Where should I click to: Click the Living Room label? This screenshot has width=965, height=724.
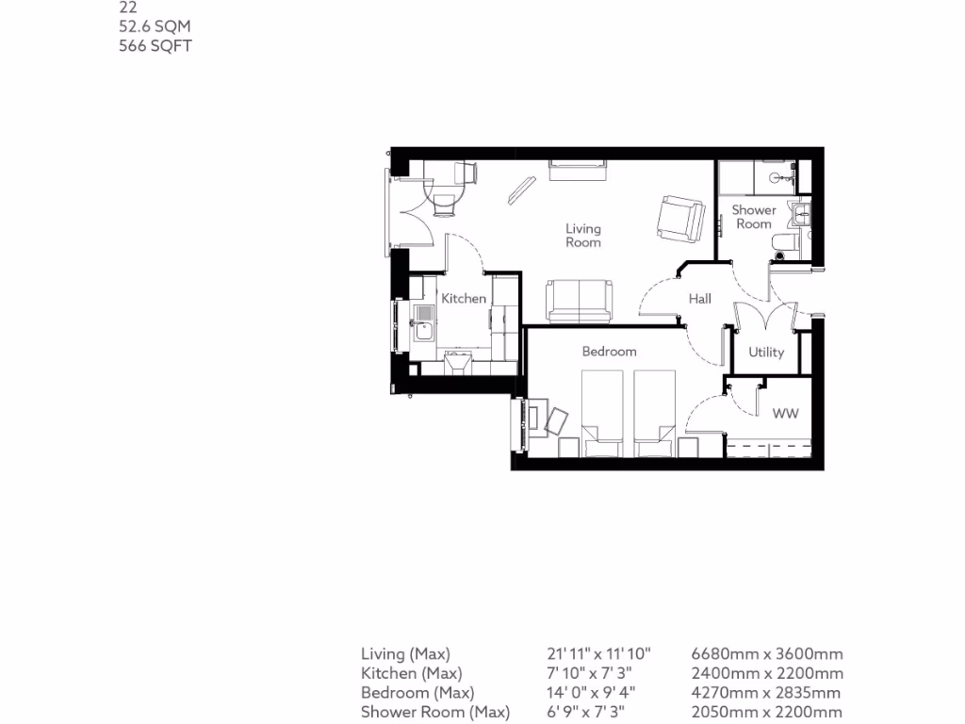582,235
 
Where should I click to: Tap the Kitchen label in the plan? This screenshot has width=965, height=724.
464,299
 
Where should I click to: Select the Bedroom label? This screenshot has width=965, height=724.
609,352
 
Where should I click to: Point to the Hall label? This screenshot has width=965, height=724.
699,299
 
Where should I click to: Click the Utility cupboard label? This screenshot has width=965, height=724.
765,353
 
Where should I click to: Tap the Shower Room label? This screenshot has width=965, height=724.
754,217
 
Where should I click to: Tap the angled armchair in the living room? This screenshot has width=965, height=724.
680,218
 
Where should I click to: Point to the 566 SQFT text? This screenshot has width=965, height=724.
155,45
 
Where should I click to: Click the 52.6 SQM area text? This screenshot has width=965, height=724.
155,26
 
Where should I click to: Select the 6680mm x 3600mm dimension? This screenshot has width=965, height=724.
767,653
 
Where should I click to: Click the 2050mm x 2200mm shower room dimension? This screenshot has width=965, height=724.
767,712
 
